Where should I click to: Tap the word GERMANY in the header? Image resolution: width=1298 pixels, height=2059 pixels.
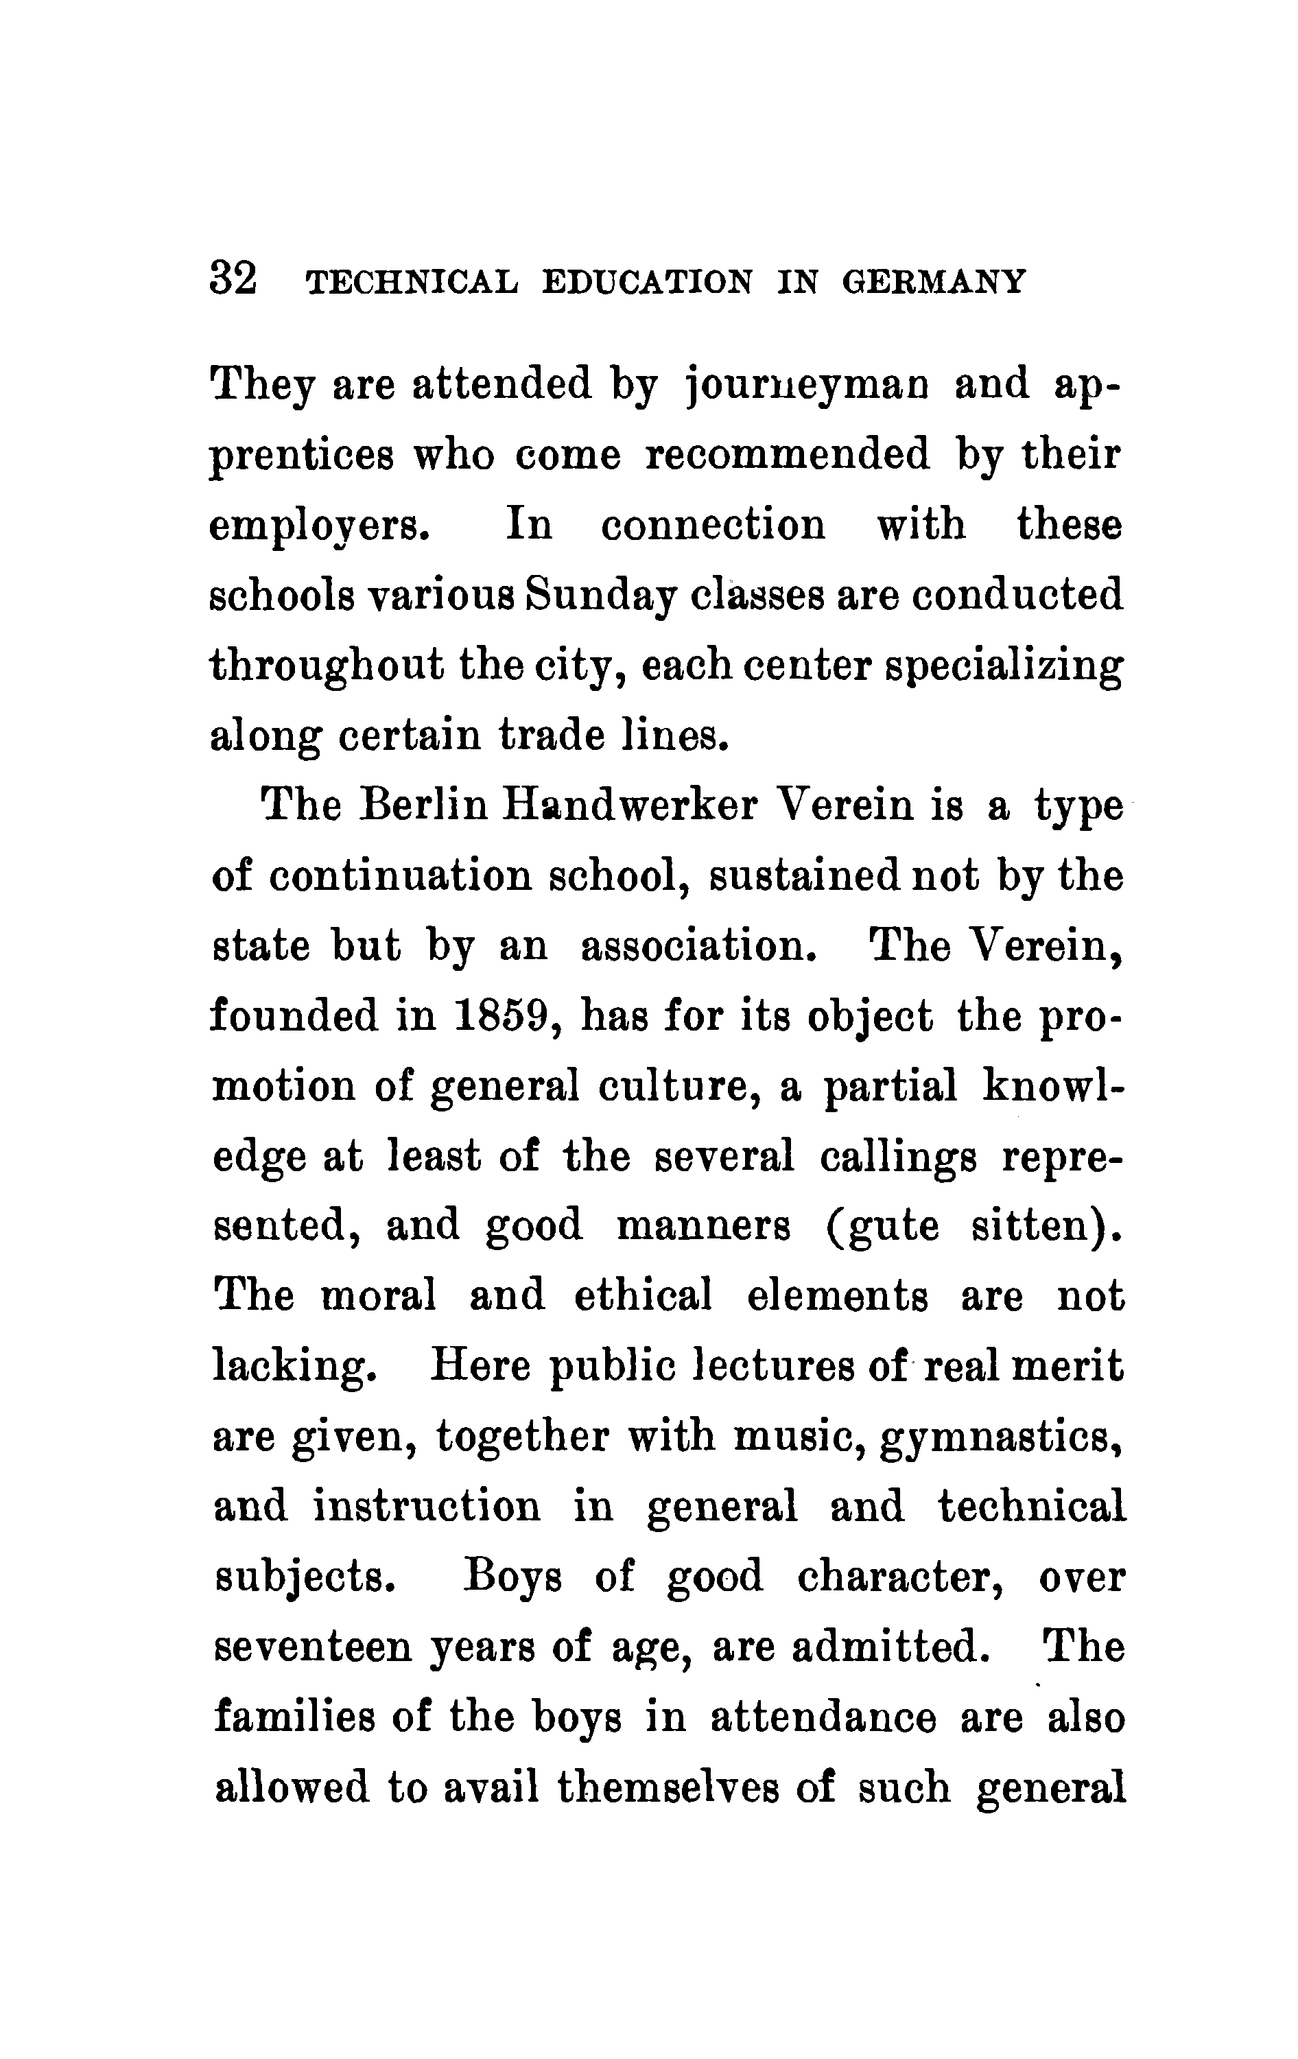point(933,281)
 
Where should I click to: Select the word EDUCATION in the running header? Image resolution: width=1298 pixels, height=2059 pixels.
point(648,281)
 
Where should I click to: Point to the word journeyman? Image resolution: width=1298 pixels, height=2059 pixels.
point(807,385)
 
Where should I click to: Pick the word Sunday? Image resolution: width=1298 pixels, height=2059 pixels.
point(600,597)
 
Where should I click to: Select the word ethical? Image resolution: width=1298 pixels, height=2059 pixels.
point(643,1297)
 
